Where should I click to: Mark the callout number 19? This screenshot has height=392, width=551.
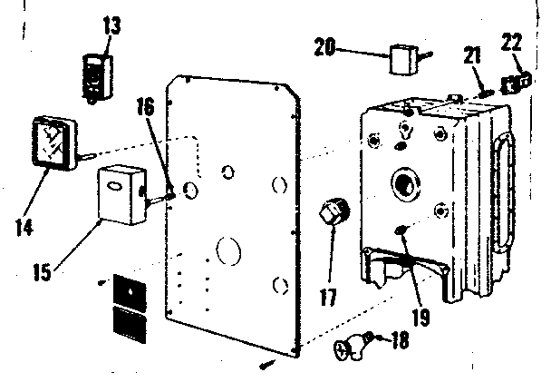click(420, 317)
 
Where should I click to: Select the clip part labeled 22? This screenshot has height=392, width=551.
click(517, 82)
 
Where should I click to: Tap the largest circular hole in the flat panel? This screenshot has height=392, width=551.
click(228, 250)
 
